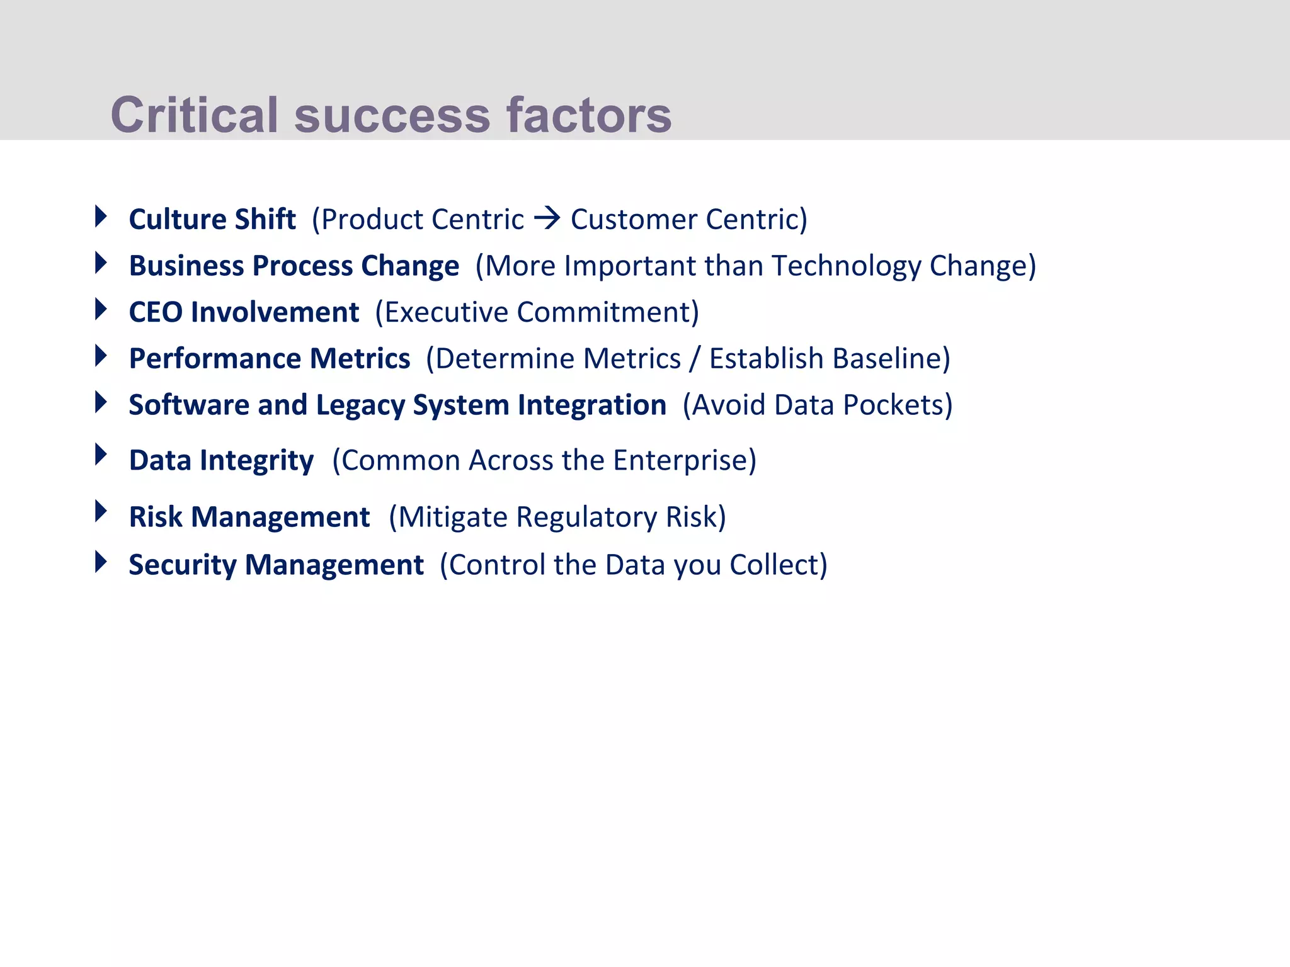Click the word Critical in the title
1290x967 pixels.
[x=194, y=115]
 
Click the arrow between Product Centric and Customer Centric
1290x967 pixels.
[x=547, y=219]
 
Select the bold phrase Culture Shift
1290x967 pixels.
[x=212, y=219]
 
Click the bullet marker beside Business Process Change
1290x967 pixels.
[x=101, y=263]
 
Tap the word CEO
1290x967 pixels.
[x=155, y=312]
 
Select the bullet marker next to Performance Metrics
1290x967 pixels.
[x=101, y=356]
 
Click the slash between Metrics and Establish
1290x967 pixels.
[x=695, y=359]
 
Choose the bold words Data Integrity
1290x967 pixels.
[x=221, y=460]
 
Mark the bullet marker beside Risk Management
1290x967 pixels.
[x=101, y=511]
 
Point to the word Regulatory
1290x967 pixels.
[x=587, y=517]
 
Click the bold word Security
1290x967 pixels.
[x=182, y=565]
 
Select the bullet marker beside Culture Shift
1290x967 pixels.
[x=101, y=216]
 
